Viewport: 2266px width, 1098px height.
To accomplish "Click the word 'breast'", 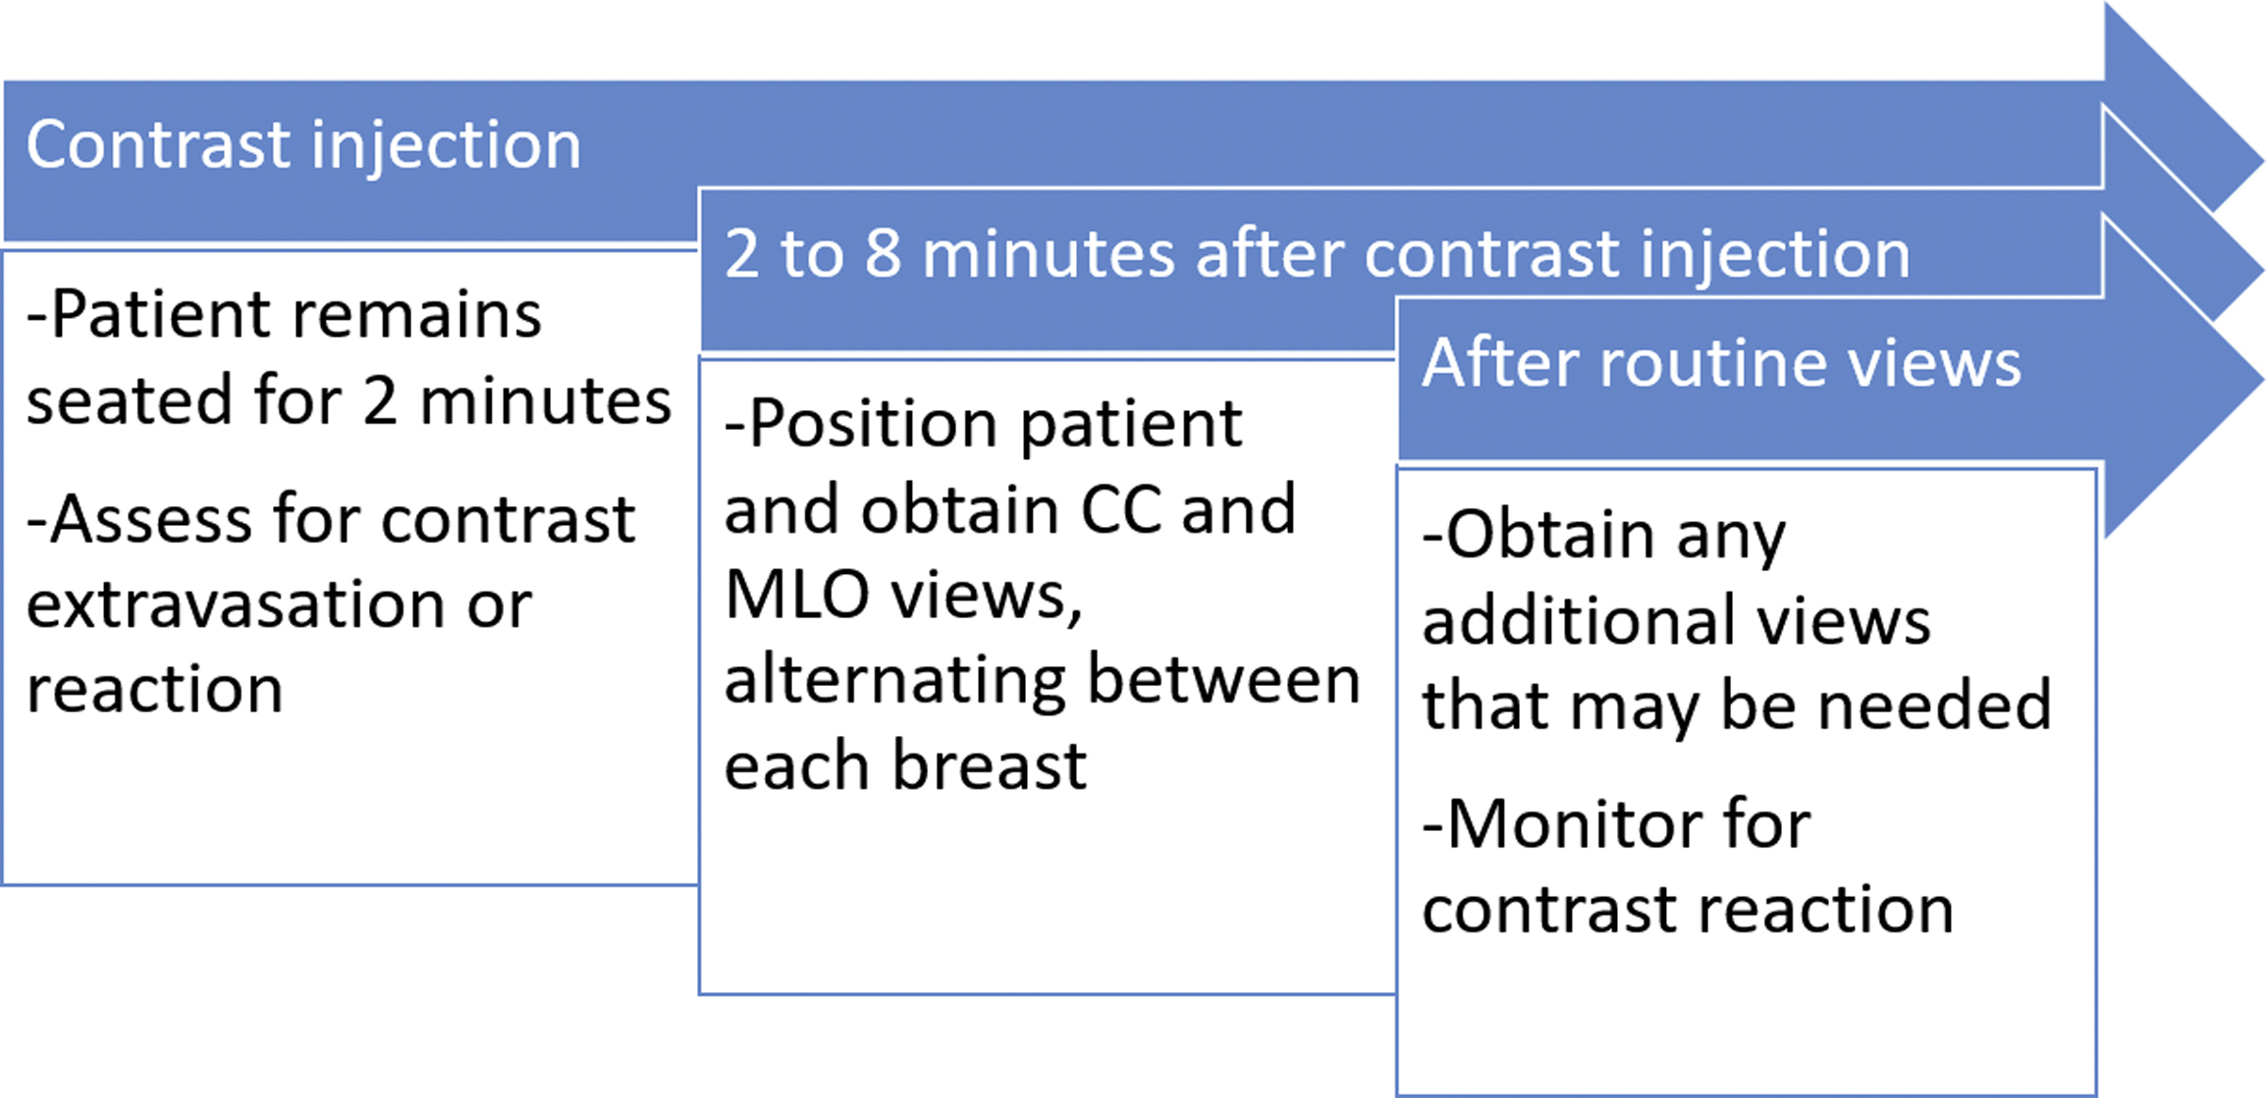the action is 989,764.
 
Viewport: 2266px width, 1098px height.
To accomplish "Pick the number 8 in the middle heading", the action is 883,254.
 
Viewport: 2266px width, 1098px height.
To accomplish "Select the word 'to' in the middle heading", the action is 812,254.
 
